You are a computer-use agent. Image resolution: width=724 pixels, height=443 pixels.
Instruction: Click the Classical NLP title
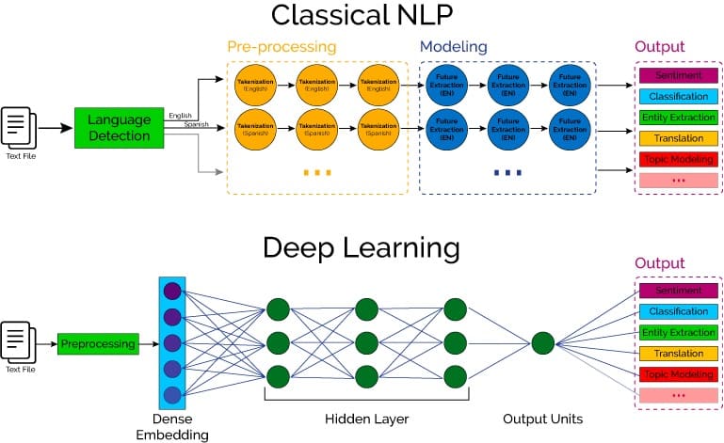361,16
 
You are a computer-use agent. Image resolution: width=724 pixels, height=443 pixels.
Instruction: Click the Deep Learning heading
361,248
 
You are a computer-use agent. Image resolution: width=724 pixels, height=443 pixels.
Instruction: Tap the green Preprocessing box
98,344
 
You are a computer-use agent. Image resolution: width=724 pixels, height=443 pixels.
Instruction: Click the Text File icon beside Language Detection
20,126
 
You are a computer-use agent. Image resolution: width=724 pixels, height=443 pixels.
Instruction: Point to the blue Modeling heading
453,46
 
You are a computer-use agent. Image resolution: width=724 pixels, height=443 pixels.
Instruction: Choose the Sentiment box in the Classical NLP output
672,74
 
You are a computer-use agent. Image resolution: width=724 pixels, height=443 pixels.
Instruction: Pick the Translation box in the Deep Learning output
672,354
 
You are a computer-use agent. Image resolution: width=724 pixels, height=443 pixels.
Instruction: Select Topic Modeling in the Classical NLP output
672,158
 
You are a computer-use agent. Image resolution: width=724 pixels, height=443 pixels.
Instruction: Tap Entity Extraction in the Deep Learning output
672,333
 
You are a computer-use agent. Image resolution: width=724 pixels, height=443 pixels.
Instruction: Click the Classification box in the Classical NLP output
672,96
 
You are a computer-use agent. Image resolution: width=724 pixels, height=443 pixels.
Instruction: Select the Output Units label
542,418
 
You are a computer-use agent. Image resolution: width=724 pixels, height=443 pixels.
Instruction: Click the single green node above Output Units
542,343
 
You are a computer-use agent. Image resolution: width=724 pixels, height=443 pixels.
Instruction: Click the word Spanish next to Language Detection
196,124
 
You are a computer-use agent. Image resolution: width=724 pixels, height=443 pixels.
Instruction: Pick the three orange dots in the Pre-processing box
317,172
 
